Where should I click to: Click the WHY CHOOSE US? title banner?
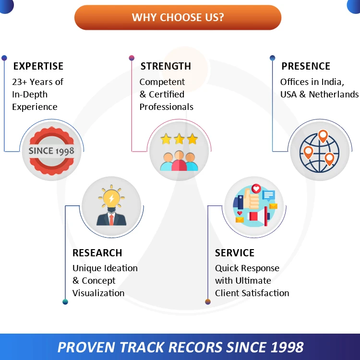tap(178, 18)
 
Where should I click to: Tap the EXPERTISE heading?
tap(38, 66)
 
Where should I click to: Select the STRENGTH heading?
tap(166, 66)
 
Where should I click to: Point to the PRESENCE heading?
tap(306, 66)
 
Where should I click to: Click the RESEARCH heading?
tap(97, 252)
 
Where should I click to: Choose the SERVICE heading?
tap(235, 252)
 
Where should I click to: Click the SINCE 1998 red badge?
tap(51, 151)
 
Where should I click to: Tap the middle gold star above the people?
tap(179, 139)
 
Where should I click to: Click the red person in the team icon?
tap(179, 161)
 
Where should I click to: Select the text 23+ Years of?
tap(37, 82)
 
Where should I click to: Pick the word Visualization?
tap(98, 293)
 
